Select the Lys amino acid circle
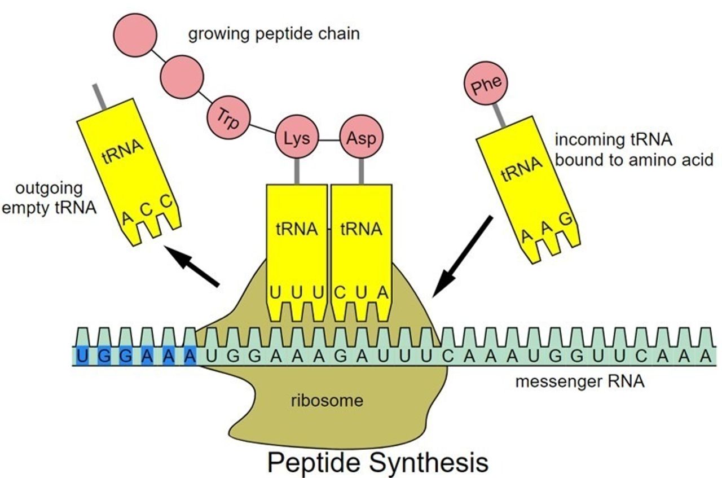coord(296,138)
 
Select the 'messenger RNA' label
coord(580,382)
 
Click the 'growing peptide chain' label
coord(274,34)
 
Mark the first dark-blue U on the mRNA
coord(83,356)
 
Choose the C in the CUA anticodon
coord(340,293)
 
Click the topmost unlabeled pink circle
coord(135,32)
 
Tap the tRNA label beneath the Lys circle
coord(296,230)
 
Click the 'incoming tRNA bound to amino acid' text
coord(617,149)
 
